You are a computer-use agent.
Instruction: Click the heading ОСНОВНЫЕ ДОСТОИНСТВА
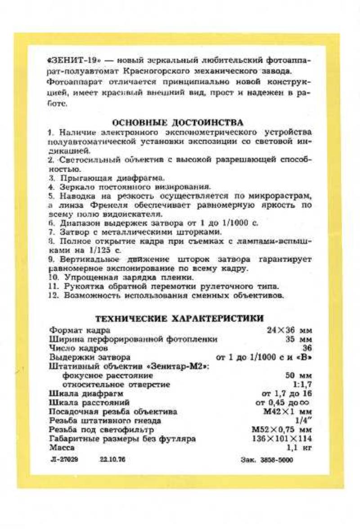pos(178,122)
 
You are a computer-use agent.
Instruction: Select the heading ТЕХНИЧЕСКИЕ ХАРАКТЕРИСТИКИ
pos(180,318)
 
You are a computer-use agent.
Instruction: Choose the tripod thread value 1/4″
pos(306,421)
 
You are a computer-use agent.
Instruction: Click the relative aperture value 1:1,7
pos(302,384)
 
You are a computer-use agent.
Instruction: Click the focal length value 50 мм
pos(299,375)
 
